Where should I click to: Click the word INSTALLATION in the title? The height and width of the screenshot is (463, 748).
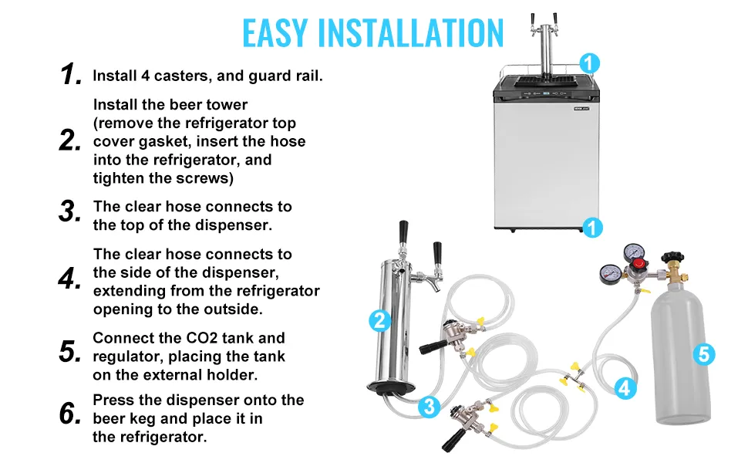pos(411,33)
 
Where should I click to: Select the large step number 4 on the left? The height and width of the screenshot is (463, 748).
pos(69,279)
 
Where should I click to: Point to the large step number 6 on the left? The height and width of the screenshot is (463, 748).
pos(70,414)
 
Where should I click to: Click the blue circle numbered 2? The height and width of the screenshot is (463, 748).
pos(380,321)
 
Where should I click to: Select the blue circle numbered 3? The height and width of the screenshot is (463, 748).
pos(429,407)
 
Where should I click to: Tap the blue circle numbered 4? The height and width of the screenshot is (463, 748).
pos(625,388)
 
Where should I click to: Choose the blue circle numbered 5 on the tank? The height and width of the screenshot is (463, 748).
pos(703,354)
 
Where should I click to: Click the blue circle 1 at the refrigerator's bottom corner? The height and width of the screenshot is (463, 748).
pos(592,228)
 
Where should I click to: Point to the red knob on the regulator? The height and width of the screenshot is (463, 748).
pos(638,263)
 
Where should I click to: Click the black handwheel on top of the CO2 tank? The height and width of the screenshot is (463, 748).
pos(672,256)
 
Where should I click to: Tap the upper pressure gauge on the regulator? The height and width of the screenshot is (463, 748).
pos(632,252)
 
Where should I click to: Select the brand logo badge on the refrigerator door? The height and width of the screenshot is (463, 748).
pos(581,109)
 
